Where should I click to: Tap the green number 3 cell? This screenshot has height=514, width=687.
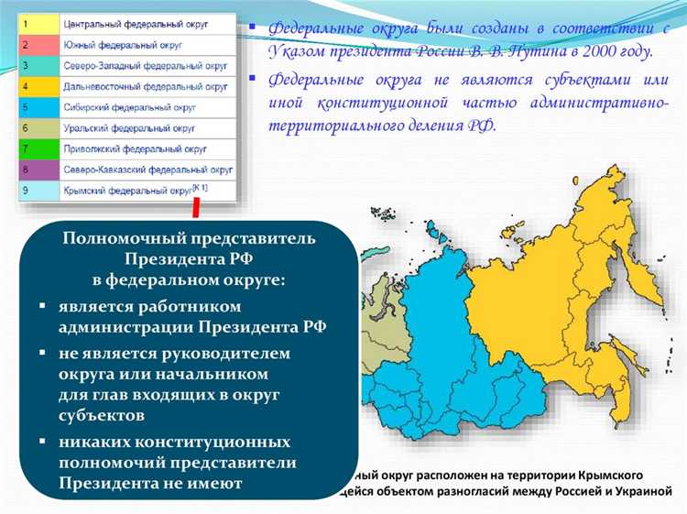click(37, 65)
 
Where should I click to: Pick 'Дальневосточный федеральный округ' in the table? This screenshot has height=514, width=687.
click(147, 86)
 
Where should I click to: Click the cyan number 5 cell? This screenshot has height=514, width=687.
click(37, 107)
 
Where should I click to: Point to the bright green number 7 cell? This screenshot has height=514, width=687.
click(37, 149)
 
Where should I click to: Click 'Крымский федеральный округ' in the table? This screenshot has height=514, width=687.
click(128, 191)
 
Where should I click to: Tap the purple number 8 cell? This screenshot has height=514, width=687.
click(37, 170)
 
